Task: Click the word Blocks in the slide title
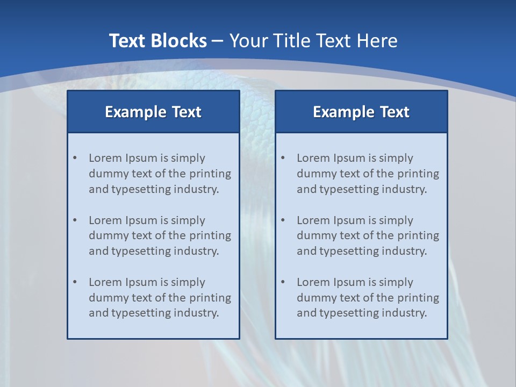pos(180,41)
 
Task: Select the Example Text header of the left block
pos(153,112)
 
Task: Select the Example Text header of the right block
pos(361,112)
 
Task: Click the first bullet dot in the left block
pos(75,158)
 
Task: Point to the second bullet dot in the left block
pos(75,220)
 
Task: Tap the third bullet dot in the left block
pos(75,282)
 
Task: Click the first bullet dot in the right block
pos(283,158)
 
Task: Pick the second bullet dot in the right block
pos(283,220)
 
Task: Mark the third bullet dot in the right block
pos(283,282)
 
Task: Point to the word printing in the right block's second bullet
pos(418,235)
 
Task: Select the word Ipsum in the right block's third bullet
pos(349,282)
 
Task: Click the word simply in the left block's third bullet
pos(188,282)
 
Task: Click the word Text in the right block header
pos(395,112)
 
